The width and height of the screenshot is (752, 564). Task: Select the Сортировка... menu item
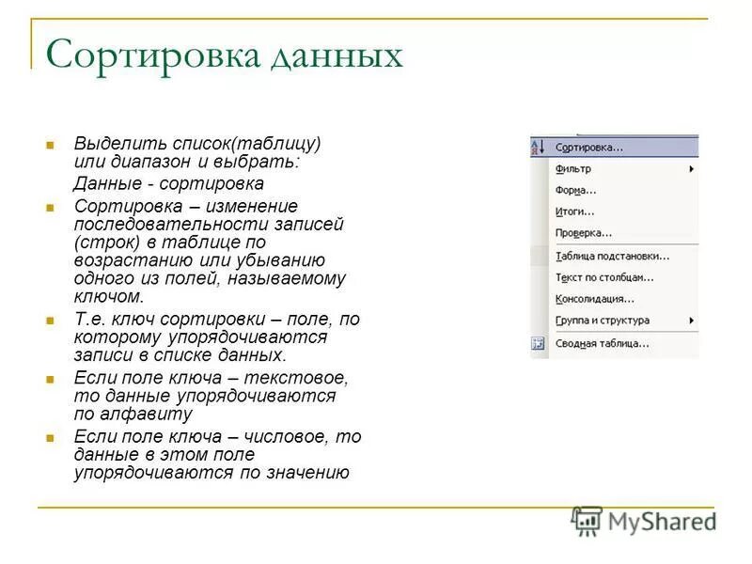pos(588,148)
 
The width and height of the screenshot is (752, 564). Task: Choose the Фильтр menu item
pos(573,169)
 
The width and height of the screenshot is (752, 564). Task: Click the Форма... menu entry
pos(575,190)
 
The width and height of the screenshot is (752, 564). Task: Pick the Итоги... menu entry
pos(574,211)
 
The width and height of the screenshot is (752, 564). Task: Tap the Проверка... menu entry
pos(583,233)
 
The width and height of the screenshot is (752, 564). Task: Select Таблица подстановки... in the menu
pos(612,256)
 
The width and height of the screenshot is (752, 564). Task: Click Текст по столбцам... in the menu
pos(604,277)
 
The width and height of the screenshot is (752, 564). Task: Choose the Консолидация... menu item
pos(594,299)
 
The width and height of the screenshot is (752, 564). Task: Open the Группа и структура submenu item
pos(602,321)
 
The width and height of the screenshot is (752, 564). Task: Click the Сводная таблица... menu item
pos(602,343)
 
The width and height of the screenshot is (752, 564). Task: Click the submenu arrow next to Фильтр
pos(691,169)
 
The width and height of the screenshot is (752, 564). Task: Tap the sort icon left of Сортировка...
pos(539,148)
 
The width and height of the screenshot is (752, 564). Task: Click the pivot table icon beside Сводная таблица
pos(539,343)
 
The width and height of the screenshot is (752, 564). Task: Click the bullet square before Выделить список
pos(50,145)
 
